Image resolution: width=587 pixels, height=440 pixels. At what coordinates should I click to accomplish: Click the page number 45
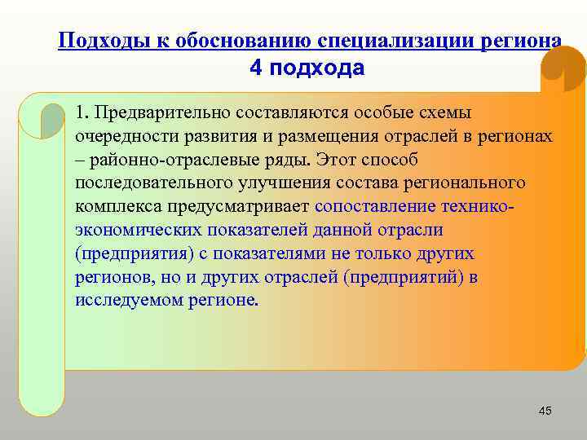click(545, 411)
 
